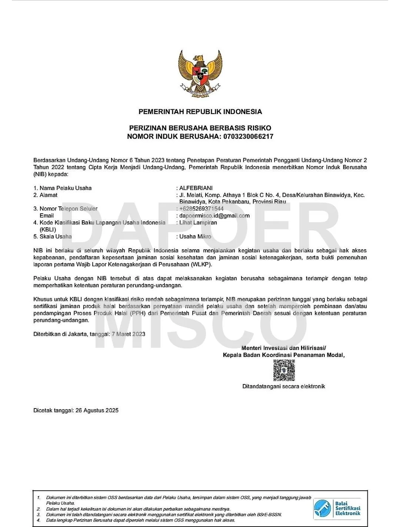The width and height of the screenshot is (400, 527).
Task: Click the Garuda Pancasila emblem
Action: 200,74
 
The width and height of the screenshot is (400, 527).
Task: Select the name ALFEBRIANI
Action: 196,188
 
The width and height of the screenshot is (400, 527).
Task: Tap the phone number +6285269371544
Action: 201,209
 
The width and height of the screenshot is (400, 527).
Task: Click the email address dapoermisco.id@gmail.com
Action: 214,216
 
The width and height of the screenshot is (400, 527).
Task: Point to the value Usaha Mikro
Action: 195,237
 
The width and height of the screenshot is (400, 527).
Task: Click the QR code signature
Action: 284,370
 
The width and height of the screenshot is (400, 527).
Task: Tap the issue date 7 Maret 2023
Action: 129,334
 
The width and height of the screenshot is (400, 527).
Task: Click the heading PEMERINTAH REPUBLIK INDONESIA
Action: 200,111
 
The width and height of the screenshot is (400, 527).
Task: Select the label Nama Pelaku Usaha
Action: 66,188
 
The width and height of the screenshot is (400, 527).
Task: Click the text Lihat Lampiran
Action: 198,223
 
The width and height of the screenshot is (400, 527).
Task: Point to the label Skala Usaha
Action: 56,237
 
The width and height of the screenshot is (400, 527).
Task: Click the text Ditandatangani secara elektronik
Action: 284,387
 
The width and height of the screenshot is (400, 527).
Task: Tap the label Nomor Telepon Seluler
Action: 69,209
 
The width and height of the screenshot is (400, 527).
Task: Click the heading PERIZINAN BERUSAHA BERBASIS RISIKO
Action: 200,128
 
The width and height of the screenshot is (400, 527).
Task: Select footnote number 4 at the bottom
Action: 39,520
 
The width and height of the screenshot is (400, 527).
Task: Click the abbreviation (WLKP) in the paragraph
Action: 201,265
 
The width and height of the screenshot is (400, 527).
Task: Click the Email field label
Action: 47,216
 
